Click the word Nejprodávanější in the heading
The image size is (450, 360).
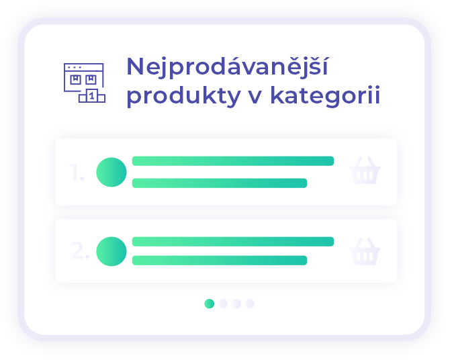227,67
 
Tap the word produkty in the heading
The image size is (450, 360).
183,97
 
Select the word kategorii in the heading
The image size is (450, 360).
326,97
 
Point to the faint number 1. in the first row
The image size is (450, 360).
77,172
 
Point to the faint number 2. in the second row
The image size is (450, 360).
79,251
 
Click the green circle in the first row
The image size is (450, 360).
111,172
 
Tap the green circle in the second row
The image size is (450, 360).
111,251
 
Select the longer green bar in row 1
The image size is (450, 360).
233,161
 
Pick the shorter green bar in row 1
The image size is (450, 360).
220,183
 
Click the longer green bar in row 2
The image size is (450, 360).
233,242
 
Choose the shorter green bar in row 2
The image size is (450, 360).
220,261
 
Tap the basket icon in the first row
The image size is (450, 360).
365,170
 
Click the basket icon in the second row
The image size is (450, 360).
365,251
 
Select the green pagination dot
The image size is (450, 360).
209,304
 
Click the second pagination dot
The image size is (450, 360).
223,304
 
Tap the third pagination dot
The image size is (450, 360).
236,304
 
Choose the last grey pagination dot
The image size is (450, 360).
250,304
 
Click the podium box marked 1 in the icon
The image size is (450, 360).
92,95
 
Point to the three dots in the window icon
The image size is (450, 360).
75,67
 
